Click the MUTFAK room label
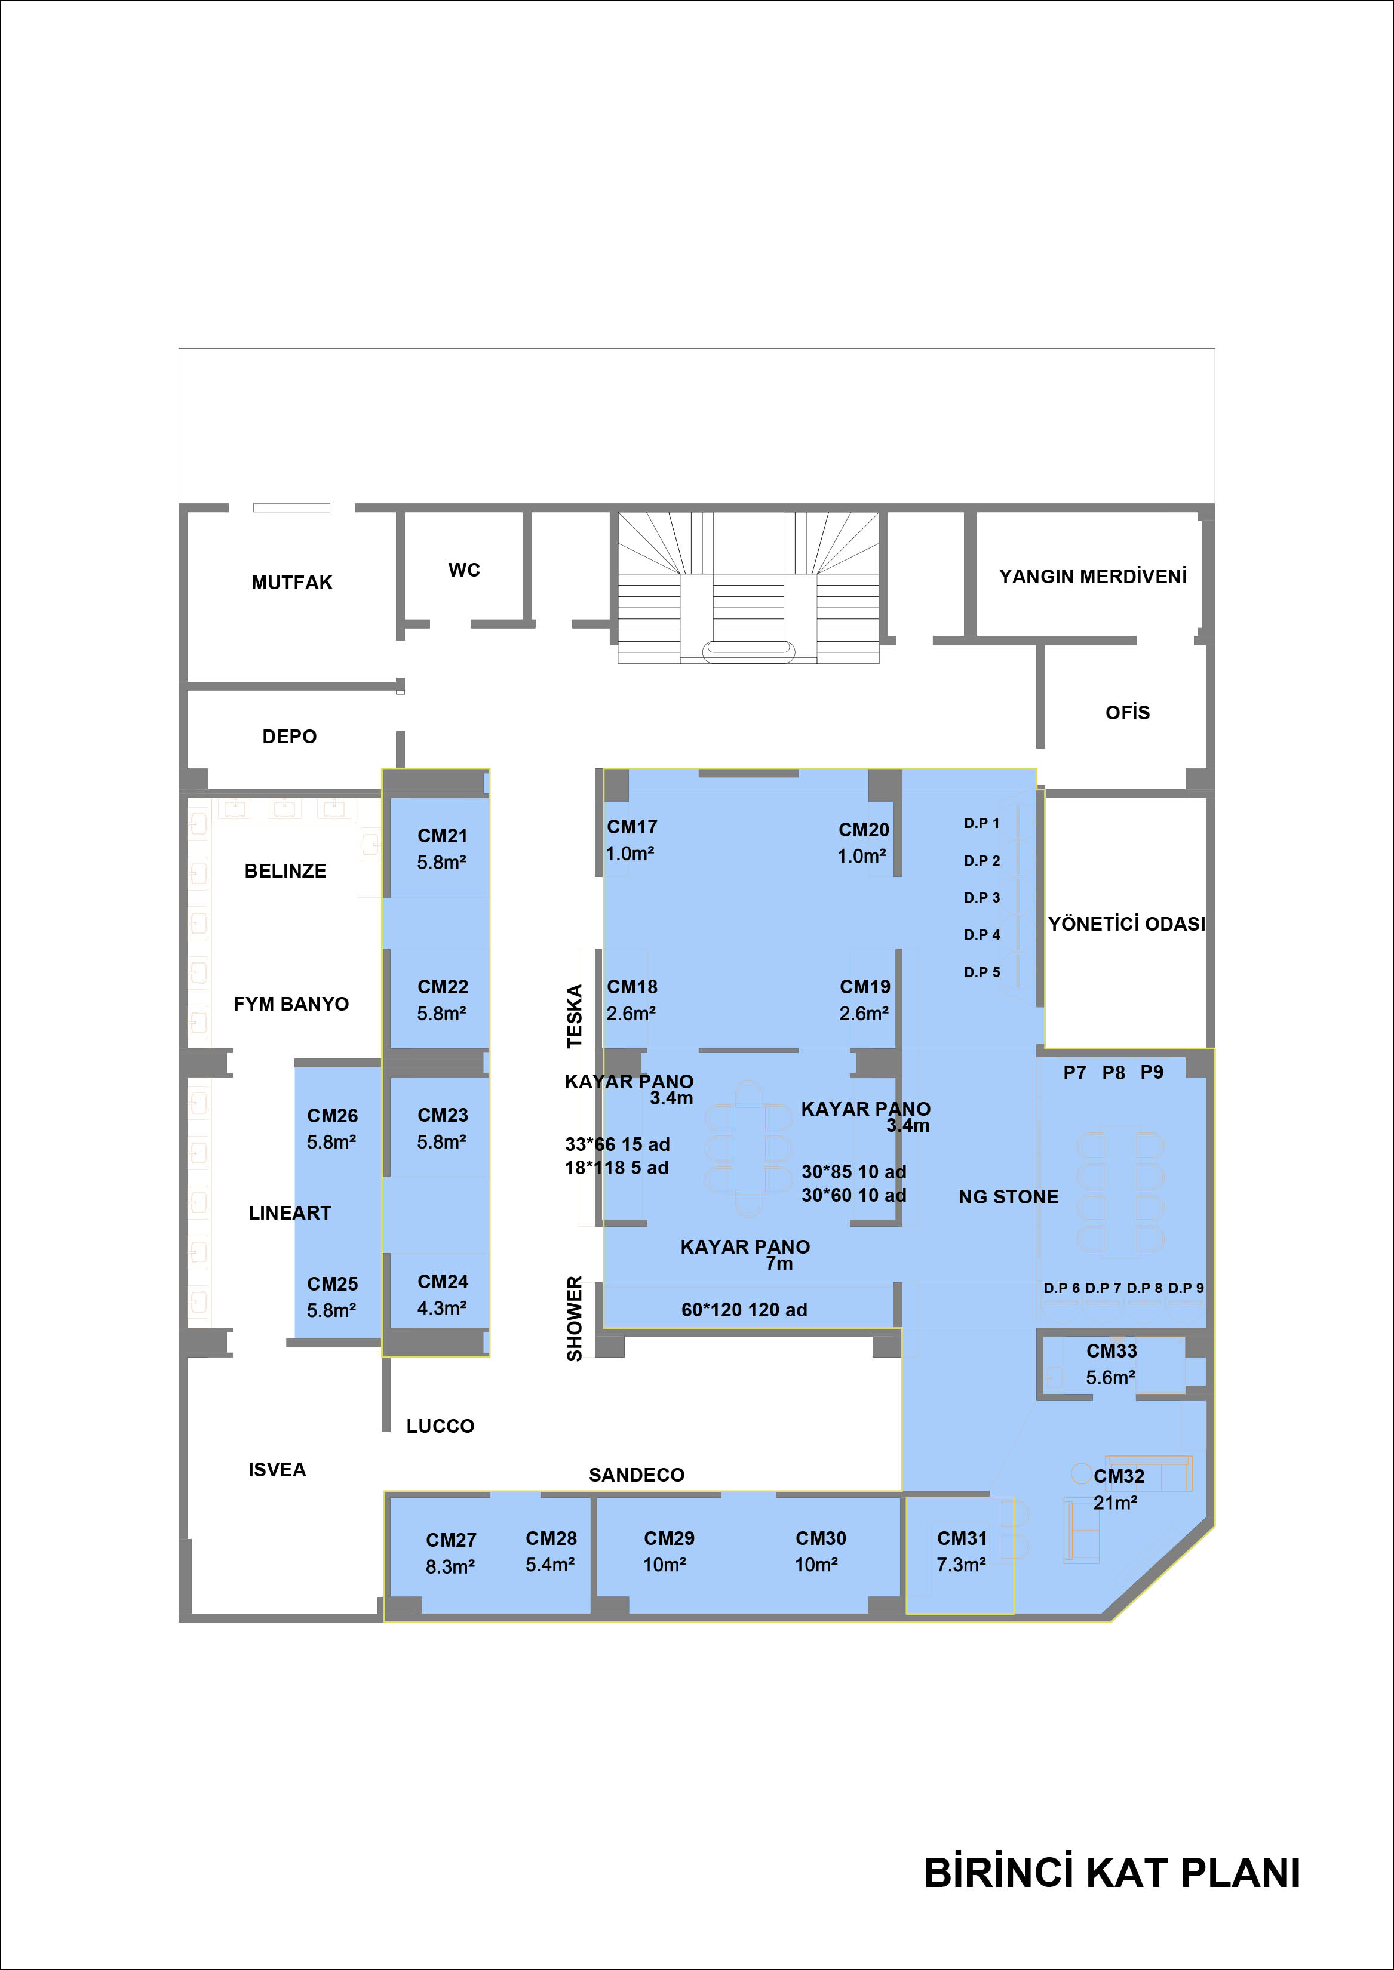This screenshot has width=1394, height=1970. [292, 583]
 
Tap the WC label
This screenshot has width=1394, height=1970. [465, 570]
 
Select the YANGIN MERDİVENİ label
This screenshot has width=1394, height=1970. [1093, 575]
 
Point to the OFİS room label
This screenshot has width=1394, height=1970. [1127, 712]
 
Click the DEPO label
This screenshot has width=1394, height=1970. [289, 736]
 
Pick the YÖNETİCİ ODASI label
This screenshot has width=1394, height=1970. [1126, 924]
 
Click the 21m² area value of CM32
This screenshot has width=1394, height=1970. [1115, 1503]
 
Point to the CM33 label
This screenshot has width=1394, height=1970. [1111, 1350]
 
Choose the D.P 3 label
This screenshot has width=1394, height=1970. [982, 897]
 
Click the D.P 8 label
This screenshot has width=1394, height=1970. [1144, 1288]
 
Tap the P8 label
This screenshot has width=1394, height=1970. [1113, 1073]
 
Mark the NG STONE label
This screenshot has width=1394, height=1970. [1009, 1197]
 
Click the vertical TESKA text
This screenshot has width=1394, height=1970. [574, 1016]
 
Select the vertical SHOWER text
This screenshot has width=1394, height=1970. [574, 1319]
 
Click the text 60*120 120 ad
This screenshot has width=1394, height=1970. [744, 1309]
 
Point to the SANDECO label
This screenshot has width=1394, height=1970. [637, 1475]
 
